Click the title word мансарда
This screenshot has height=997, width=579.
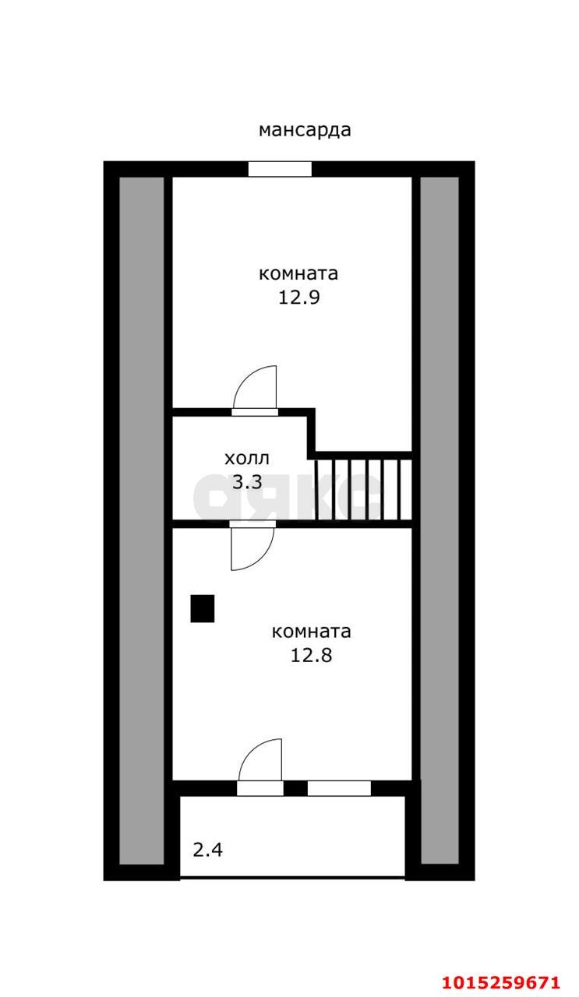305,130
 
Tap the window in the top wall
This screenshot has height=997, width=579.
280,169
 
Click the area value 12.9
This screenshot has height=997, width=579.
300,297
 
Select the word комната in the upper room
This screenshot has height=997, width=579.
298,274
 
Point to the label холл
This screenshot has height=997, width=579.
247,458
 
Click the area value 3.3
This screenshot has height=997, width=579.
247,482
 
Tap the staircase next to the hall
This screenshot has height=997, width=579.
363,489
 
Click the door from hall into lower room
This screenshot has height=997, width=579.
252,545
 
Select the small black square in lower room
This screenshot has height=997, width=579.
203,608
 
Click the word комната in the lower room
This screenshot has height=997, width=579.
311,632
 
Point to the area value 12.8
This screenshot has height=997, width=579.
312,655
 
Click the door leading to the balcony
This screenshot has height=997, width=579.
260,767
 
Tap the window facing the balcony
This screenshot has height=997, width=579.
339,789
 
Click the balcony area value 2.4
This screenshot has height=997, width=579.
208,850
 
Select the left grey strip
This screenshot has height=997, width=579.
142,520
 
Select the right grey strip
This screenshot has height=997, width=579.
440,520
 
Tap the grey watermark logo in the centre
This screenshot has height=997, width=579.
288,495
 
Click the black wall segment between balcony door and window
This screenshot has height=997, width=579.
295,789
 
